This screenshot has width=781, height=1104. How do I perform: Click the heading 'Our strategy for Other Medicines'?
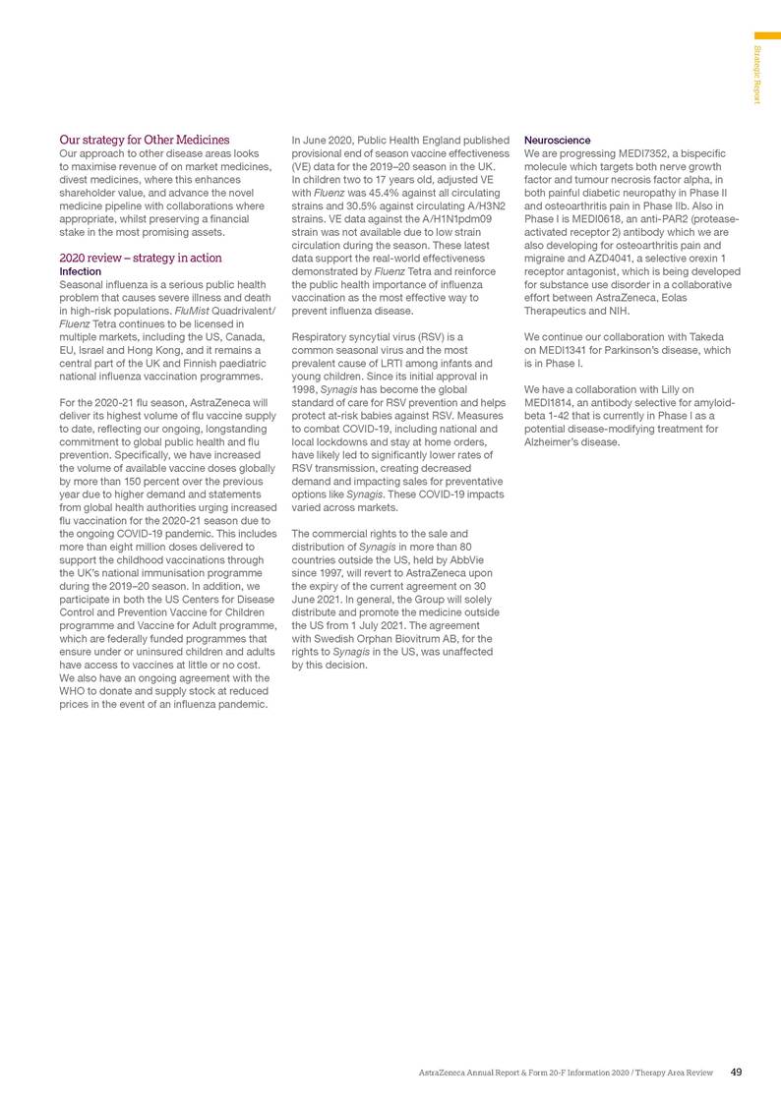tap(145, 140)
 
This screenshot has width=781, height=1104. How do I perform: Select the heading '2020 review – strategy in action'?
tap(141, 258)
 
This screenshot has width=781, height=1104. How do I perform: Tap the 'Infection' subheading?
tap(82, 270)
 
